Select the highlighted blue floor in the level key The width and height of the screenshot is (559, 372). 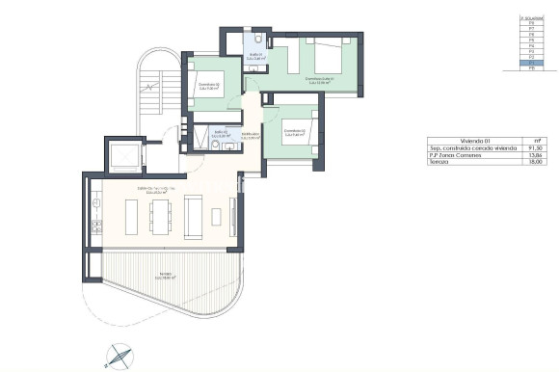pyautogui.click(x=526, y=63)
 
